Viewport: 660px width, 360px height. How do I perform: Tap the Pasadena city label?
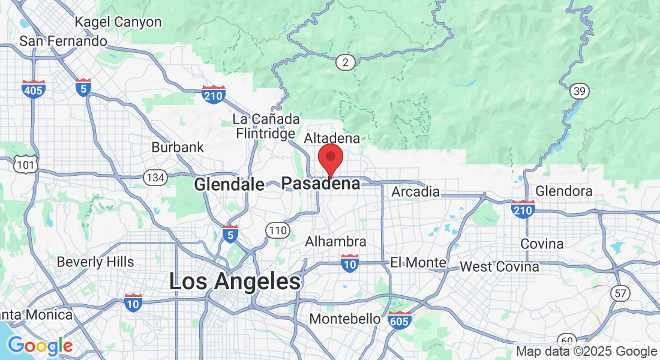(x=321, y=184)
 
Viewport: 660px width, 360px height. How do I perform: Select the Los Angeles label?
(x=235, y=281)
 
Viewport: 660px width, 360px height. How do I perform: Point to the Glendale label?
(x=229, y=184)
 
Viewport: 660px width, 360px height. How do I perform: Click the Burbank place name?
(x=178, y=147)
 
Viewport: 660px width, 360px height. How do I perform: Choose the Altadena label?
(x=332, y=139)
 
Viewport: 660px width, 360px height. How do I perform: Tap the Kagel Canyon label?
(x=118, y=22)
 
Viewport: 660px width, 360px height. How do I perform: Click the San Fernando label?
(x=63, y=41)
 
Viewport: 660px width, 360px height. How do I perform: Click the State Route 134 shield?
(x=155, y=178)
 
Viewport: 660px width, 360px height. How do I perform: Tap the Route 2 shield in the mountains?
(x=345, y=62)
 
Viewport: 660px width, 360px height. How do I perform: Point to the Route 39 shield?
(x=580, y=91)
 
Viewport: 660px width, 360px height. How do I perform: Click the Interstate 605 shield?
(x=400, y=320)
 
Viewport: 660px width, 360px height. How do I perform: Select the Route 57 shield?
(x=620, y=293)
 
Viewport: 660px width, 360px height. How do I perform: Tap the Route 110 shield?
(x=277, y=230)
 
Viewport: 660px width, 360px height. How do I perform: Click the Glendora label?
(x=564, y=191)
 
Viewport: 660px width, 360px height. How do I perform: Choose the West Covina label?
(x=499, y=266)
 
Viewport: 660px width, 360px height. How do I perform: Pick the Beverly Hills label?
(x=95, y=262)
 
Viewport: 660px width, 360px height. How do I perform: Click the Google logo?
(x=40, y=346)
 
